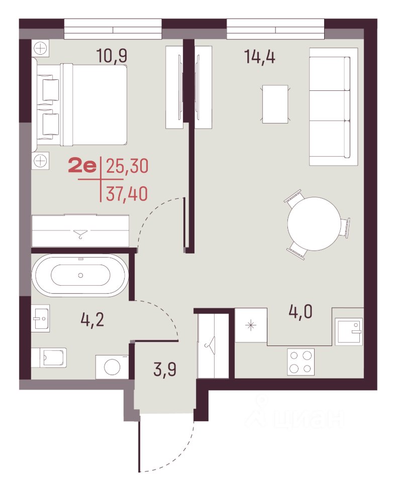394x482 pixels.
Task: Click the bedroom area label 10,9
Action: (x=112, y=56)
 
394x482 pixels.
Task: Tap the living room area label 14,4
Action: (x=260, y=57)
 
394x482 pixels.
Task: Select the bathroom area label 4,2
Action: (x=92, y=320)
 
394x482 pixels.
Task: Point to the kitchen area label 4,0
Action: (x=301, y=311)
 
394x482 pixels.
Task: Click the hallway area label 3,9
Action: (x=165, y=369)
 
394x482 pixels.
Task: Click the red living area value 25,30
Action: (x=127, y=166)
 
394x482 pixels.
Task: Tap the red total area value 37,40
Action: (x=127, y=194)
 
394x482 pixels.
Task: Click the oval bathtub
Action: (x=80, y=275)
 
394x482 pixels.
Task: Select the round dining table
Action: (x=314, y=224)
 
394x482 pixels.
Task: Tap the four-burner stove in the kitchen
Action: (x=301, y=362)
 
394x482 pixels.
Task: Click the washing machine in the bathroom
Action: (x=112, y=367)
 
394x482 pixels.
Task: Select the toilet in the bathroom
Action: (x=49, y=357)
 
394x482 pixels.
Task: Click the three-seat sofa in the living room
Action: (x=334, y=106)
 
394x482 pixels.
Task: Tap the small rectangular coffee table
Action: (x=275, y=104)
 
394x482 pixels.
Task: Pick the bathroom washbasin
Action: (x=40, y=318)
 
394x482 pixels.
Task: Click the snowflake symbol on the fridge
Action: (x=251, y=325)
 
